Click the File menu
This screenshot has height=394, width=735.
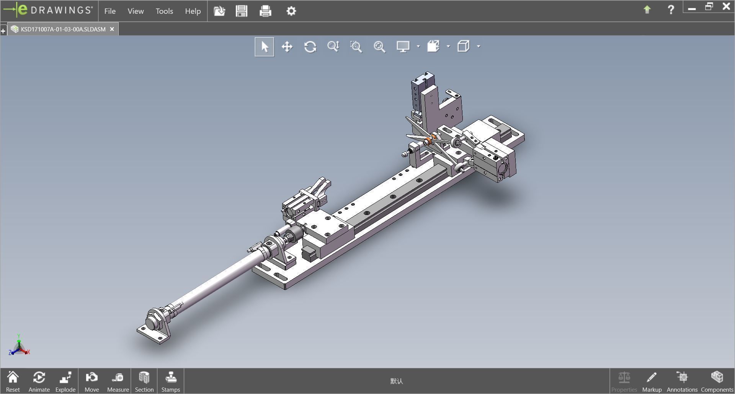click(x=110, y=11)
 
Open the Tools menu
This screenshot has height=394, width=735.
click(x=164, y=11)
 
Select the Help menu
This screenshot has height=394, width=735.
click(x=193, y=11)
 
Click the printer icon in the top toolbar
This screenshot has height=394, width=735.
click(x=265, y=11)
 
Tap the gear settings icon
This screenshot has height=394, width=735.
click(x=291, y=11)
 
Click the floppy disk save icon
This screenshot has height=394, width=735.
click(x=242, y=11)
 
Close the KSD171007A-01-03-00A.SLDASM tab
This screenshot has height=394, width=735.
click(x=112, y=29)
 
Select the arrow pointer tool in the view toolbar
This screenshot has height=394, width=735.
click(x=264, y=47)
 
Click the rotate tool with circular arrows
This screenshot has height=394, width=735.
click(x=310, y=47)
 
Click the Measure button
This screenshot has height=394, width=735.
click(x=118, y=381)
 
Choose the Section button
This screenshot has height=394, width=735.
click(x=144, y=381)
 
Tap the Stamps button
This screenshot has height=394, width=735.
click(x=170, y=381)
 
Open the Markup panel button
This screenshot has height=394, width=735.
click(x=652, y=381)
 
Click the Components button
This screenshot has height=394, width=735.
click(x=717, y=381)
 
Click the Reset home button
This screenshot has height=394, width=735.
click(x=13, y=381)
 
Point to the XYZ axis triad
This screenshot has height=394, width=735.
click(x=19, y=346)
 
